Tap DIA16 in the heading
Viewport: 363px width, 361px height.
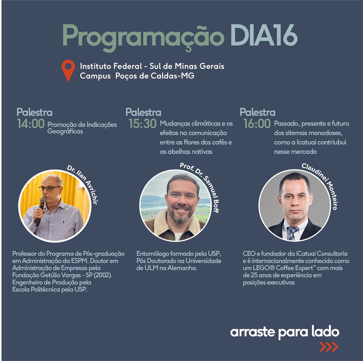pos(264,35)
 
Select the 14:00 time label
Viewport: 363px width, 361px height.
pos(31,124)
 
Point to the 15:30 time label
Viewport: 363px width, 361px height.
pos(143,124)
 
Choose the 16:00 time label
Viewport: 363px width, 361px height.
pos(257,124)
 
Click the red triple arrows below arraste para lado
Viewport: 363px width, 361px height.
pos(329,347)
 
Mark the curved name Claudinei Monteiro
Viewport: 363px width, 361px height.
pos(322,183)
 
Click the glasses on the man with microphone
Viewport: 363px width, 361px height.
pos(49,188)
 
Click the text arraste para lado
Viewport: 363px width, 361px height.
pos(285,332)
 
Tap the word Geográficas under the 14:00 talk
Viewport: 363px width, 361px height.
pos(65,132)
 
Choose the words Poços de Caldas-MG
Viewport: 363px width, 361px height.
pos(155,76)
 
